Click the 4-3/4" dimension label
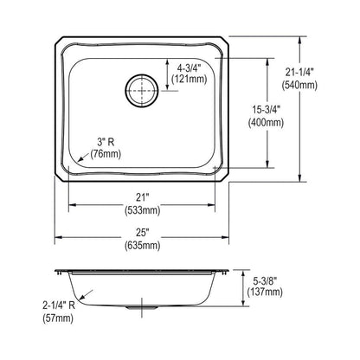tap(189, 65)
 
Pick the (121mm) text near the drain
tap(189, 79)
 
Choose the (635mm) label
tap(145, 247)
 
